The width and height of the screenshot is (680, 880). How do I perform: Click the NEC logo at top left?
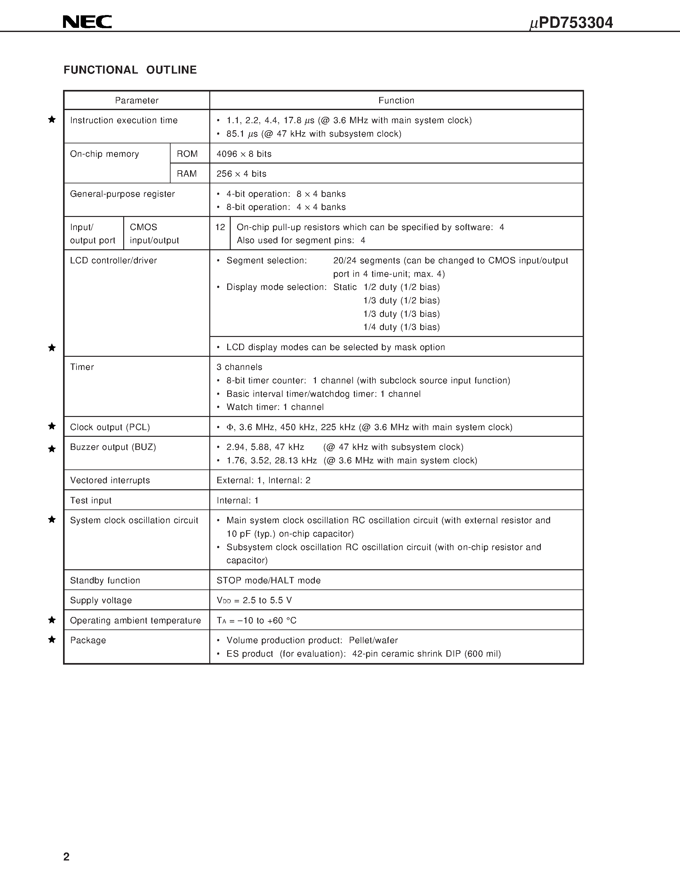point(87,22)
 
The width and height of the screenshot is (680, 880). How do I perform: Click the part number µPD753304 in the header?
point(571,23)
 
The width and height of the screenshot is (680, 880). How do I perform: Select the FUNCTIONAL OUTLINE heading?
point(130,70)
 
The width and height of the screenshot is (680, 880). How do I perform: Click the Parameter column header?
point(137,100)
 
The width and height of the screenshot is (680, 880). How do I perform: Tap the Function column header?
point(396,100)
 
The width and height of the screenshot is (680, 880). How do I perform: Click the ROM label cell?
point(187,154)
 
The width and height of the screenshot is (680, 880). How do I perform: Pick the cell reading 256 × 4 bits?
point(241,174)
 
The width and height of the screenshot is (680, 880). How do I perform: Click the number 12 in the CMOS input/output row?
point(220,227)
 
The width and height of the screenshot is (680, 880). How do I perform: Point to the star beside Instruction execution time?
point(52,119)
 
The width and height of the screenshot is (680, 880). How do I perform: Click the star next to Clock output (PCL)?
point(52,426)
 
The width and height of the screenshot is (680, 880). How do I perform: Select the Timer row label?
point(82,367)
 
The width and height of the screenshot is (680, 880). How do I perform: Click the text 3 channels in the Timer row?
point(239,367)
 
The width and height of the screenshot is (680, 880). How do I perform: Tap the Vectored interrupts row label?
point(110,480)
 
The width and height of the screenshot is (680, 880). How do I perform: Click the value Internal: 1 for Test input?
point(237,500)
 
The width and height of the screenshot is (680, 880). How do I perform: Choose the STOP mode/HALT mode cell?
point(268,580)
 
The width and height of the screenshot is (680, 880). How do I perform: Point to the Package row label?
point(88,640)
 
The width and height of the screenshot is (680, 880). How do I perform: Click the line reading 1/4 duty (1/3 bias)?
point(401,327)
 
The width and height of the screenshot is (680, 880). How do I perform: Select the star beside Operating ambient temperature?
point(52,620)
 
